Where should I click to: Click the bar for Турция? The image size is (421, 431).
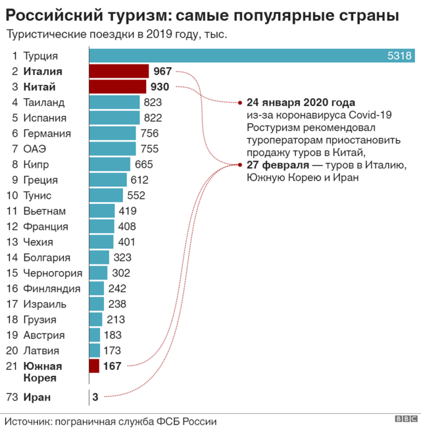pyautogui.click(x=250, y=56)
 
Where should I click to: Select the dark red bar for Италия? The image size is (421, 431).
pyautogui.click(x=118, y=71)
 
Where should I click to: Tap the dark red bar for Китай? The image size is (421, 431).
pyautogui.click(x=117, y=87)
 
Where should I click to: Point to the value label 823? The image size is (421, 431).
pyautogui.click(x=153, y=102)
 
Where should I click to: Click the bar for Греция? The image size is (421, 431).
pyautogui.click(x=107, y=180)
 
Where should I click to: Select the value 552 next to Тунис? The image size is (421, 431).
pyautogui.click(x=136, y=195)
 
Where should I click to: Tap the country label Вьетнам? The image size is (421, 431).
pyautogui.click(x=45, y=211)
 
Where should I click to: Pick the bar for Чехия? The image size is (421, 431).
pyautogui.click(x=101, y=242)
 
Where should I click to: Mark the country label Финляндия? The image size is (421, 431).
pyautogui.click(x=52, y=288)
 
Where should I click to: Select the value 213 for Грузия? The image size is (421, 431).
pyautogui.click(x=116, y=320)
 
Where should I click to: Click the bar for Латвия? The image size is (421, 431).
pyautogui.click(x=94, y=351)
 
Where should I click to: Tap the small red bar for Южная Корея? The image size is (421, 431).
pyautogui.click(x=93, y=366)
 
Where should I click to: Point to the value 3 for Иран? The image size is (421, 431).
pyautogui.click(x=95, y=397)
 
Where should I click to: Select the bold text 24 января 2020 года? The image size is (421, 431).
pyautogui.click(x=301, y=103)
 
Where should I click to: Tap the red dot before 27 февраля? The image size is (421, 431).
pyautogui.click(x=240, y=165)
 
